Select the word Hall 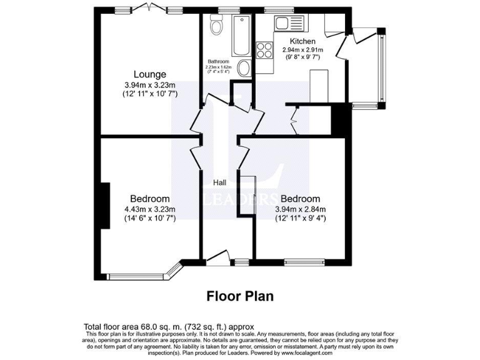(x=220, y=182)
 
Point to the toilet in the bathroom (x=217, y=26)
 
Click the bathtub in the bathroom (x=241, y=35)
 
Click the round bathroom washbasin (x=245, y=69)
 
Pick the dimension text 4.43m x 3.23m (x=150, y=209)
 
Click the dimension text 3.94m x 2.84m (x=301, y=209)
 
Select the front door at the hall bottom (x=217, y=256)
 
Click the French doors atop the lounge (x=150, y=8)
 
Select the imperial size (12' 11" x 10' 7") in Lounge (x=150, y=94)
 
